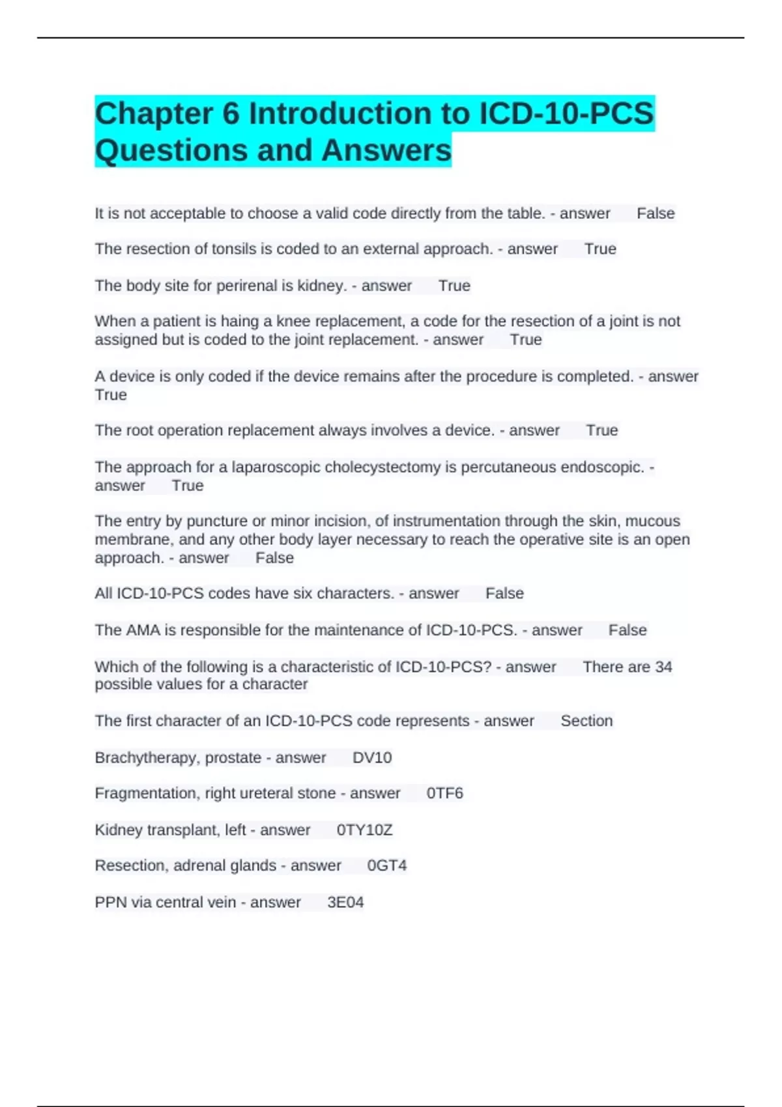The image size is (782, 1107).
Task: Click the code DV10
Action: [372, 758]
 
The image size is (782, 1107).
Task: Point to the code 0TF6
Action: [444, 793]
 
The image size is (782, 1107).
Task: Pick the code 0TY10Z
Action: [364, 830]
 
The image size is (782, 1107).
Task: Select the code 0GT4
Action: [387, 865]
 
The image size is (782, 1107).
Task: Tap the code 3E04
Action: [345, 903]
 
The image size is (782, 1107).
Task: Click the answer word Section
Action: [586, 721]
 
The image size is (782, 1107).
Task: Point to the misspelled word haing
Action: [240, 322]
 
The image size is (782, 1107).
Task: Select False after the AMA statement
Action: [628, 630]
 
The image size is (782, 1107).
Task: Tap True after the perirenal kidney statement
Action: [454, 286]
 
